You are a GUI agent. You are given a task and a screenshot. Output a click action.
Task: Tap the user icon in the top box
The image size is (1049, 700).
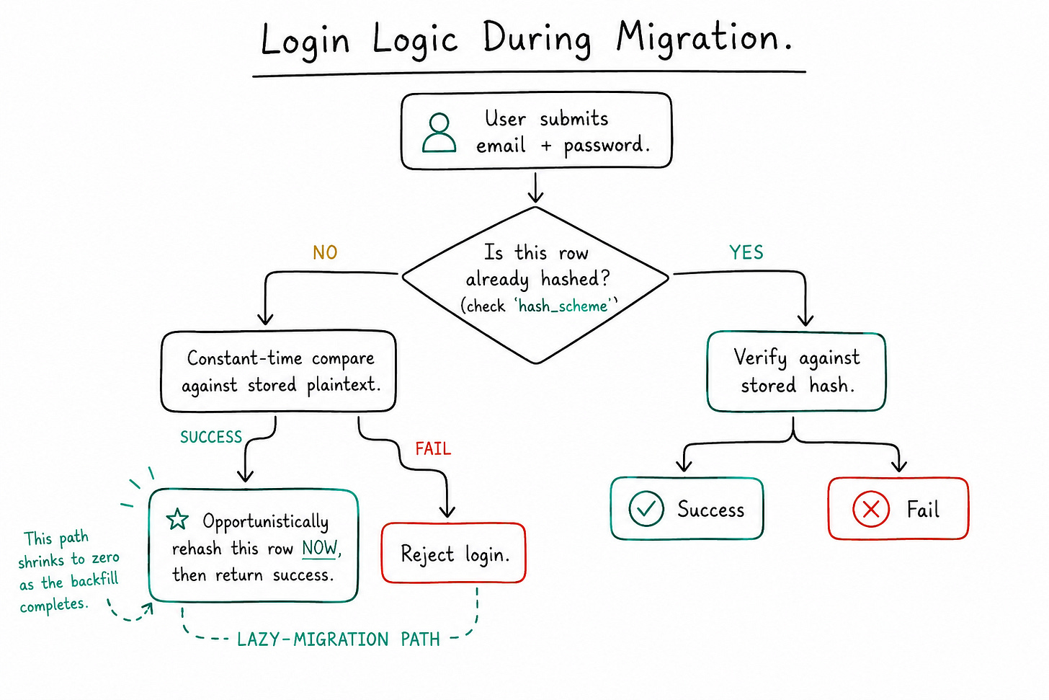click(439, 133)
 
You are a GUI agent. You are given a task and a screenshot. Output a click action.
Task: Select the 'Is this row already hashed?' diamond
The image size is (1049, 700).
click(535, 285)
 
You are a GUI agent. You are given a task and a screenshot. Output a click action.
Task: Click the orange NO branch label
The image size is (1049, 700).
click(325, 253)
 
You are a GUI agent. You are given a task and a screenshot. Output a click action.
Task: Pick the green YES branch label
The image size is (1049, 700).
click(746, 252)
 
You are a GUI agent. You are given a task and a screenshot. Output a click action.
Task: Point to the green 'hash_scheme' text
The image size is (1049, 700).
click(563, 306)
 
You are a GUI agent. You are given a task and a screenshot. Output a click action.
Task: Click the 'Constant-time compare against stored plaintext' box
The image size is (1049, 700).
click(279, 371)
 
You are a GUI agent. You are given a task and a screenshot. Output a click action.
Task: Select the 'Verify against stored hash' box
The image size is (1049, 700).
click(796, 371)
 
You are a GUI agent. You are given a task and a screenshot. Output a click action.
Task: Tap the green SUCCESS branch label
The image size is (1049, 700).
click(211, 437)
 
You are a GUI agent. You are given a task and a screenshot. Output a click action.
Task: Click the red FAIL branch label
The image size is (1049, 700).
click(433, 449)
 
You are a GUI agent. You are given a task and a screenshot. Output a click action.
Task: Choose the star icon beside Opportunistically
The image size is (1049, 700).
click(177, 519)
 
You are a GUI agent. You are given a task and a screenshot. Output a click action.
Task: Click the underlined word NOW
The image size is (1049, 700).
click(319, 548)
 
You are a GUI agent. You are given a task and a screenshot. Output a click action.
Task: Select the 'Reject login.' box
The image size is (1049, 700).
click(453, 553)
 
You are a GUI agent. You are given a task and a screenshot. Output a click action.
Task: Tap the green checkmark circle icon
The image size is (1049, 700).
click(646, 509)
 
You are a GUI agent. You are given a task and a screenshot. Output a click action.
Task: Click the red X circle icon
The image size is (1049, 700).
click(870, 509)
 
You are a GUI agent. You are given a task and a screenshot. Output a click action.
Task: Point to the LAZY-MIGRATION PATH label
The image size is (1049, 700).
click(338, 639)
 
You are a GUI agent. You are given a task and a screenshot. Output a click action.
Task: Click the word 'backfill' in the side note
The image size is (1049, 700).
click(94, 580)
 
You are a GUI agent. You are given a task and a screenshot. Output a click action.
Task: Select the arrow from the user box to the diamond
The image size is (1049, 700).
click(536, 187)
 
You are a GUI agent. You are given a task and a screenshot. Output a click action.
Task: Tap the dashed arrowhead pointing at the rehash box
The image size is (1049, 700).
click(148, 608)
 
